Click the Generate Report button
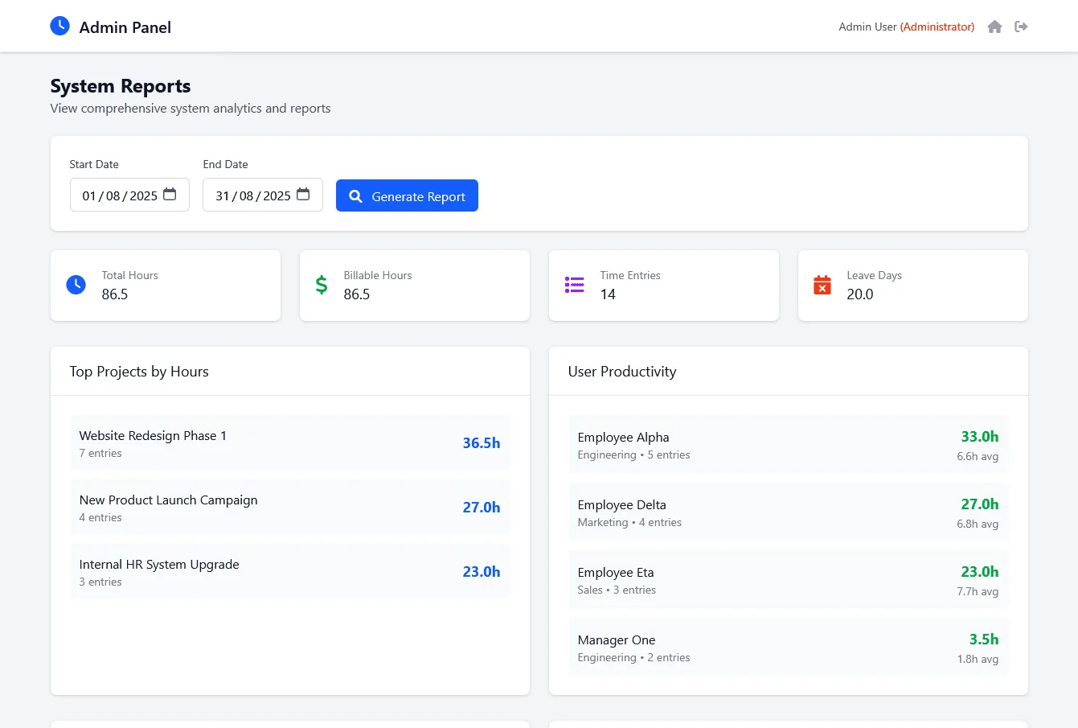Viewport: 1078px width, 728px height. pos(407,195)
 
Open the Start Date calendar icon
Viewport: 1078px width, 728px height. pos(170,194)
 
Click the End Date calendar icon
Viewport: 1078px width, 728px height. pos(303,194)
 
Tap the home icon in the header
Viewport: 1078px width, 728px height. pos(994,27)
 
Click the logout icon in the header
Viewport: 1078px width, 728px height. pos(1021,27)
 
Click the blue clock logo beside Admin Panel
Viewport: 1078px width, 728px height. pos(59,26)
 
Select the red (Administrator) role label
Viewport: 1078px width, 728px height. pos(937,27)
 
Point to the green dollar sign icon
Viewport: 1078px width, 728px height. pos(322,285)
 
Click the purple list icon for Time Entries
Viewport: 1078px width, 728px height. pos(574,285)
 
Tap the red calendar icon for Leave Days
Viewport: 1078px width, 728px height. pos(822,285)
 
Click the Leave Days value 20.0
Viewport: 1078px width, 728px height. pos(860,294)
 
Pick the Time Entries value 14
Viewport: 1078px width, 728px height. pos(608,294)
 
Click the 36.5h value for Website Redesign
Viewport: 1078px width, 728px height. pos(482,443)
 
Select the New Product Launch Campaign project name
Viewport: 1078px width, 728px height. pos(169,500)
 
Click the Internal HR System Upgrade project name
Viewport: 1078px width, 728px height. pos(159,564)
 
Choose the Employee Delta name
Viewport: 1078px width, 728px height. pos(621,504)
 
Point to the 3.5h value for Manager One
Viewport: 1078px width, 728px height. pos(984,640)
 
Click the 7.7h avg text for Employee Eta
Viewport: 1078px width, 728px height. pos(978,591)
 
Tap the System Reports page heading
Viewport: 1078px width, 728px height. pos(121,86)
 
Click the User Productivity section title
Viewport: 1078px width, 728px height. pos(621,372)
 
